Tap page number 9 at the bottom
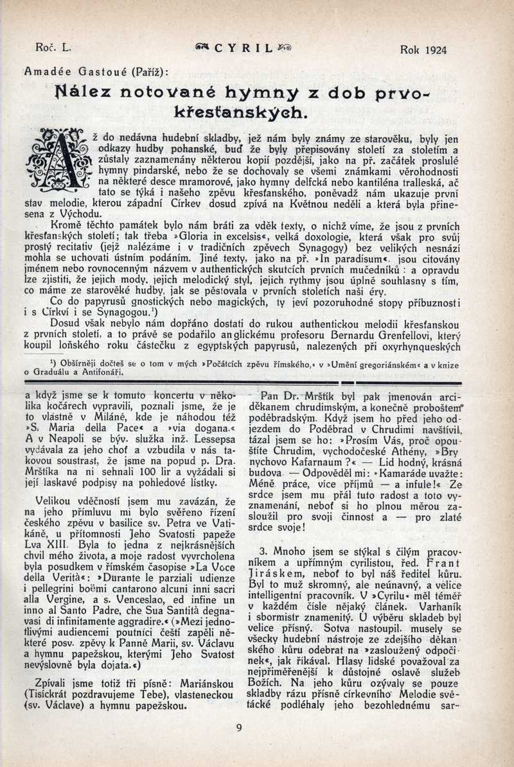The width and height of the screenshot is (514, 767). click(239, 727)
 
